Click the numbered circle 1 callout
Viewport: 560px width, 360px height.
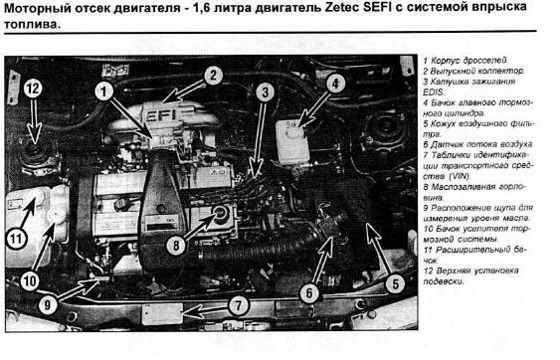click(x=103, y=91)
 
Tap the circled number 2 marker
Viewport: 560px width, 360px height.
click(x=213, y=76)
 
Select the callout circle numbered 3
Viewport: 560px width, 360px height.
click(x=265, y=92)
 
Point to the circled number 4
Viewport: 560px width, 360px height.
click(x=334, y=84)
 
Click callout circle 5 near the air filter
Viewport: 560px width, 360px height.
click(x=395, y=284)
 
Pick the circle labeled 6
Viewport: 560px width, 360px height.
click(x=309, y=293)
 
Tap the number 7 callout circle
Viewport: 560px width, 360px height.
click(x=238, y=305)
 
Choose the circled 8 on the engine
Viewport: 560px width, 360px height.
click(x=176, y=245)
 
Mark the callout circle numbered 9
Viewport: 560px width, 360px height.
click(x=48, y=304)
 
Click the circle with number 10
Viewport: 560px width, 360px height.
click(x=30, y=281)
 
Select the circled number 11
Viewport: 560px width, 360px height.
click(x=17, y=239)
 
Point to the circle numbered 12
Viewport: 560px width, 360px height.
click(x=33, y=89)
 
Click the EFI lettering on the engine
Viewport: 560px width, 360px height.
click(x=161, y=115)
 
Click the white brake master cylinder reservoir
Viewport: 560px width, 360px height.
click(x=292, y=141)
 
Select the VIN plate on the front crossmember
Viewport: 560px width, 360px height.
click(x=162, y=314)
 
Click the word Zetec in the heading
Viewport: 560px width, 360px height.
click(x=342, y=8)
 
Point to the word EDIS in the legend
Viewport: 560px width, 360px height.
click(x=434, y=92)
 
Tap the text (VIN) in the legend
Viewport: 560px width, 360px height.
click(x=459, y=176)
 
